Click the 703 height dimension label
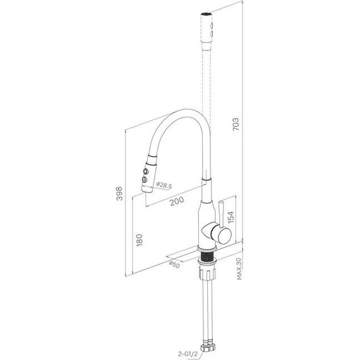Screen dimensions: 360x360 236,124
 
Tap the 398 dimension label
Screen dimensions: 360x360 119,193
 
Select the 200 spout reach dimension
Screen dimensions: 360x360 177,201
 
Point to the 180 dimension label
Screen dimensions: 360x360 140,240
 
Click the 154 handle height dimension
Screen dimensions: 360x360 231,217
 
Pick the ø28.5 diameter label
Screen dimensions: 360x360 164,185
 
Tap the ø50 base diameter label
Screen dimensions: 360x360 174,265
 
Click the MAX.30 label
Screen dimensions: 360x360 239,268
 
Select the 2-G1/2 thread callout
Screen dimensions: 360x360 188,354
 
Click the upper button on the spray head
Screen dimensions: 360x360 145,171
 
